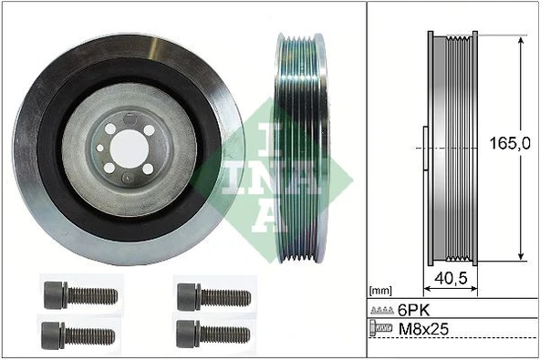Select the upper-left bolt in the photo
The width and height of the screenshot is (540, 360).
(x=79, y=295)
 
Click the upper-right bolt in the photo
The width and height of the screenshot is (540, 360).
(x=213, y=295)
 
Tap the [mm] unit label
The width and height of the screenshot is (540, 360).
(x=379, y=291)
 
